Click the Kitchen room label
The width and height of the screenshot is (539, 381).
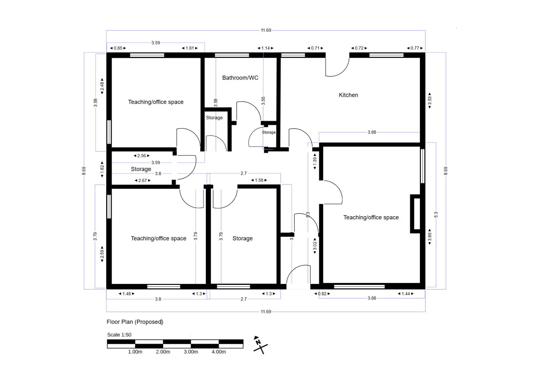(348, 95)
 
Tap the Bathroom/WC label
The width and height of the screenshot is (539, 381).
(240, 78)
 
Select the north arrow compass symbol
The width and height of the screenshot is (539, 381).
(260, 345)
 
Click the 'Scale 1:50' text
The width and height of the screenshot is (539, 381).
(119, 335)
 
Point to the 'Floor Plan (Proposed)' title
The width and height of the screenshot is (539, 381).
(135, 322)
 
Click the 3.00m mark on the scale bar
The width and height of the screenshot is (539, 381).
(191, 352)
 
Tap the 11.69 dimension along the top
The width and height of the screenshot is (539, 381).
(266, 30)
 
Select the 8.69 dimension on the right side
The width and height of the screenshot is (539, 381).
(446, 171)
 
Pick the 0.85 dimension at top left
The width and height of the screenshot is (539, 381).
(118, 48)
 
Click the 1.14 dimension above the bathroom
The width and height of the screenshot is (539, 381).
(265, 48)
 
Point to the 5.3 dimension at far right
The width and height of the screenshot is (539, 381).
(436, 215)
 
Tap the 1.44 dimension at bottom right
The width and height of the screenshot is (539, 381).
(406, 294)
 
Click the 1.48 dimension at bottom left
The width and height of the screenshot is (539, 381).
(127, 294)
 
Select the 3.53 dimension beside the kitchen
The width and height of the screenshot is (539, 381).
(430, 100)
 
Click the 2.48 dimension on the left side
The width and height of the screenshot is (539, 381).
(102, 86)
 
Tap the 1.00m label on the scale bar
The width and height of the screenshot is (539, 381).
(135, 352)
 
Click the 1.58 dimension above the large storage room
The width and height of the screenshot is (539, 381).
(259, 180)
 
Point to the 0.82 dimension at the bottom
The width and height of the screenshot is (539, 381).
(322, 294)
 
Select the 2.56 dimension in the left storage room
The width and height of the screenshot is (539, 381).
(142, 156)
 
